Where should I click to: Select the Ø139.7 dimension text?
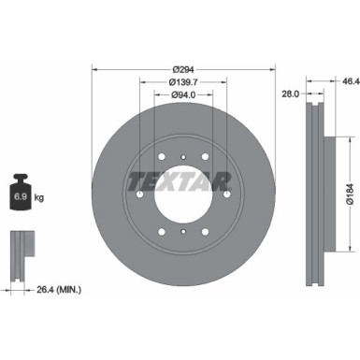tap(183, 81)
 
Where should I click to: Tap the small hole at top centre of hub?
tap(183, 155)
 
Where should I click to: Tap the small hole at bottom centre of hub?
tap(183, 232)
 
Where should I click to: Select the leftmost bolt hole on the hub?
tap(138, 194)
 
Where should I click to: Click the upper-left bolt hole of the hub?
tap(161, 155)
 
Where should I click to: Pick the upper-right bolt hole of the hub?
tap(206, 155)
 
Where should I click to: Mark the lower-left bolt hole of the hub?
tap(161, 232)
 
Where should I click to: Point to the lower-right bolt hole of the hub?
tap(206, 232)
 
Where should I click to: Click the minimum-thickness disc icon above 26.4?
tap(20, 247)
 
